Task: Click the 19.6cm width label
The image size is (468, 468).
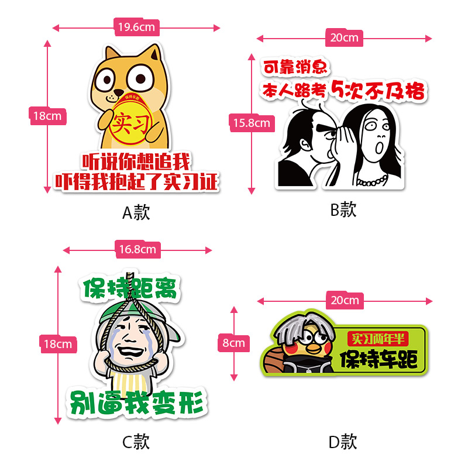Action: (x=136, y=27)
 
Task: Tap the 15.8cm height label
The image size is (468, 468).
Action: (x=252, y=123)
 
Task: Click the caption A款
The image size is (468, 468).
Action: (x=136, y=212)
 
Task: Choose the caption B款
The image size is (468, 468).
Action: (x=343, y=209)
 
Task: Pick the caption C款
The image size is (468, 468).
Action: (x=136, y=442)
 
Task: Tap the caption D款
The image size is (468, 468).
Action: (x=343, y=442)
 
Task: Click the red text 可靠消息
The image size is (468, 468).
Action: (x=295, y=68)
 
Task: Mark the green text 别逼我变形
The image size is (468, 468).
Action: (x=139, y=402)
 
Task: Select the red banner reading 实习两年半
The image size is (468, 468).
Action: (x=379, y=339)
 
